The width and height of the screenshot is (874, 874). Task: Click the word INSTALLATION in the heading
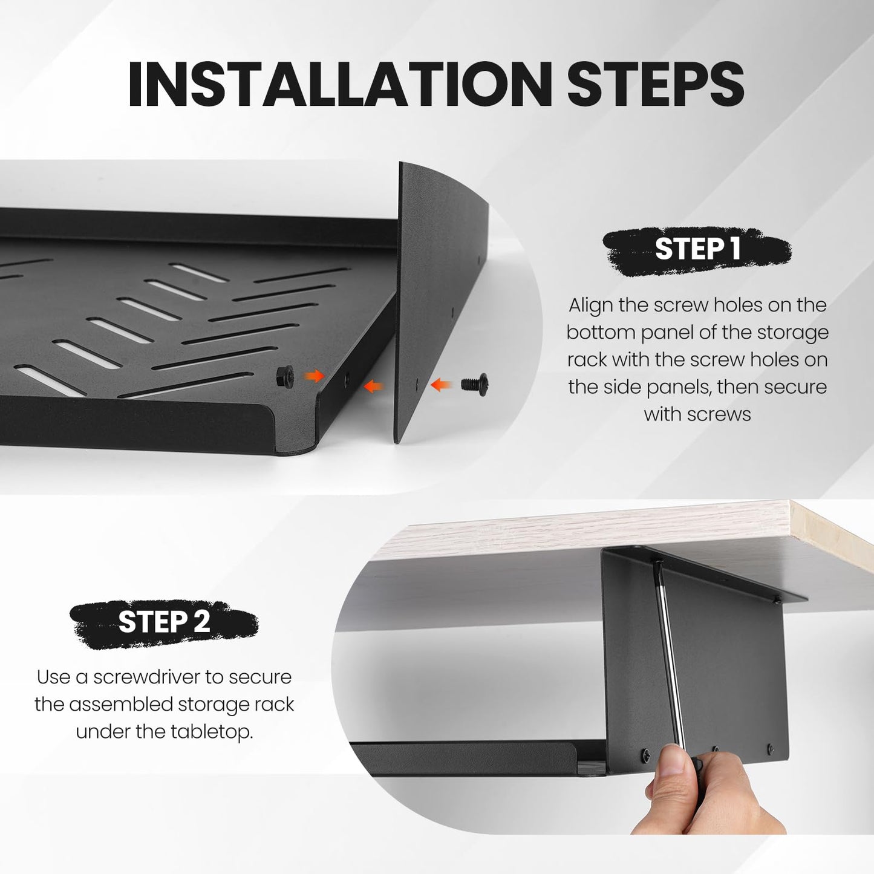(340, 83)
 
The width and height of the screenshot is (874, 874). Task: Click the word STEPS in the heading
(656, 83)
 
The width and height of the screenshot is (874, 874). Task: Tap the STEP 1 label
(697, 249)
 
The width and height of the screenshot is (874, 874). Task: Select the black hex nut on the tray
(285, 376)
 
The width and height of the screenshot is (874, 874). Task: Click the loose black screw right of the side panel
(475, 384)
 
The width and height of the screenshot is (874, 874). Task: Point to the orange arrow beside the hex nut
(314, 375)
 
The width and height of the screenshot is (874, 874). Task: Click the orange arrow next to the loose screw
(440, 385)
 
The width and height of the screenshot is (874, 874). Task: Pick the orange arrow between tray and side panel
(373, 386)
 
